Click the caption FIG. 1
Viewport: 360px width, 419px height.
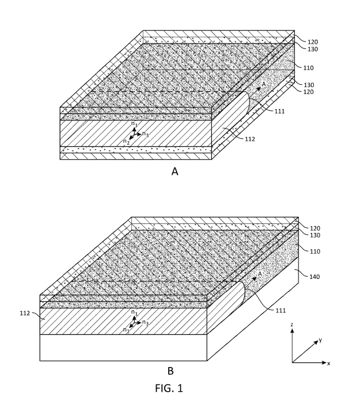click(169, 388)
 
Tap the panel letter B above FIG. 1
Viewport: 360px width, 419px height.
click(170, 371)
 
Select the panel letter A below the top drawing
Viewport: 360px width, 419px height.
click(174, 171)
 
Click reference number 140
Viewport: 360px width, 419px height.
click(314, 277)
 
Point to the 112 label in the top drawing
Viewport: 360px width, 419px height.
click(250, 139)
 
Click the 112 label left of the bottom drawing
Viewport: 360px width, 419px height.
click(25, 313)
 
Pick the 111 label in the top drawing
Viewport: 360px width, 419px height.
click(280, 111)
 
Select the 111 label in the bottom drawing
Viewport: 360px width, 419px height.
click(281, 310)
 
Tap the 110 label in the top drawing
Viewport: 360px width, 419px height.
click(308, 68)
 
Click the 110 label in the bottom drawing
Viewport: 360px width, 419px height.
click(315, 252)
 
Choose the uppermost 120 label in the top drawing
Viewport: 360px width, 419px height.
click(313, 42)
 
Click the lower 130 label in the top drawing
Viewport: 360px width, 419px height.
click(308, 85)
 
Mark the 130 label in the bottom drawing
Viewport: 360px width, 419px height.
click(315, 235)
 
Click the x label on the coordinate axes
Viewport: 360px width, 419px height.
click(328, 363)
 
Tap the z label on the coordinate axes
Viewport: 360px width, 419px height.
click(292, 324)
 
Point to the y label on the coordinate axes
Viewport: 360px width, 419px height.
click(320, 340)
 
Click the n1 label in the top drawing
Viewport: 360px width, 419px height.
click(134, 124)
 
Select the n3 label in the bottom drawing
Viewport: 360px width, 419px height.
click(145, 322)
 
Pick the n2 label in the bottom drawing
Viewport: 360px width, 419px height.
click(126, 330)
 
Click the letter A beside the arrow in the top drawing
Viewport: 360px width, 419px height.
click(264, 84)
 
